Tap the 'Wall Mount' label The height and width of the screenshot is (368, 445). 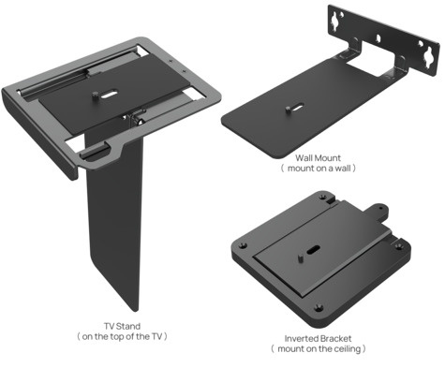pos(319,158)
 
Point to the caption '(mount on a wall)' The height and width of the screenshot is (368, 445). pos(319,169)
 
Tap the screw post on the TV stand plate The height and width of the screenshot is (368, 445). pos(96,94)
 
